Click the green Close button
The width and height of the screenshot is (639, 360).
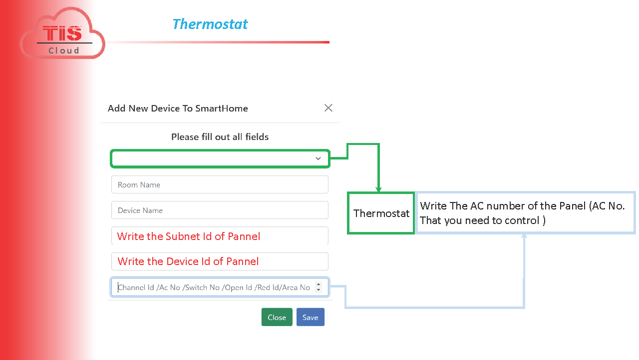[277, 317]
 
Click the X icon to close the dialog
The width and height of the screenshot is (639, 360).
[328, 108]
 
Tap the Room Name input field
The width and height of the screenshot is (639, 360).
[220, 184]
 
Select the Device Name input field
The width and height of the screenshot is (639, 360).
[220, 210]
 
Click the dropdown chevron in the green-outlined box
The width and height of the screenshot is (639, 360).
[318, 158]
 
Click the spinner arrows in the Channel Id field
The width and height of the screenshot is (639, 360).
[319, 287]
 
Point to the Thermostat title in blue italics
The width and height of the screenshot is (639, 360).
[210, 24]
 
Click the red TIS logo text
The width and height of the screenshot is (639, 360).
[62, 33]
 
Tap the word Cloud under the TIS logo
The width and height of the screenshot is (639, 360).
[64, 50]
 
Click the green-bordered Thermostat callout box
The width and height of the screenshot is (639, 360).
[381, 213]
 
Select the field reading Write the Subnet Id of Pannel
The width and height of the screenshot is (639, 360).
[220, 235]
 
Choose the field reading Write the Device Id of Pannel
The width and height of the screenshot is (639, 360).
[220, 261]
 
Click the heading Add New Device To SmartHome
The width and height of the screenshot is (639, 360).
[178, 108]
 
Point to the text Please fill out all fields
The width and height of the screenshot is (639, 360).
[220, 137]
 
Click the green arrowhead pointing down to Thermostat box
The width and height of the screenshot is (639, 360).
[378, 189]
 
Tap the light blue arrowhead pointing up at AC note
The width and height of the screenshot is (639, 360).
[524, 236]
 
